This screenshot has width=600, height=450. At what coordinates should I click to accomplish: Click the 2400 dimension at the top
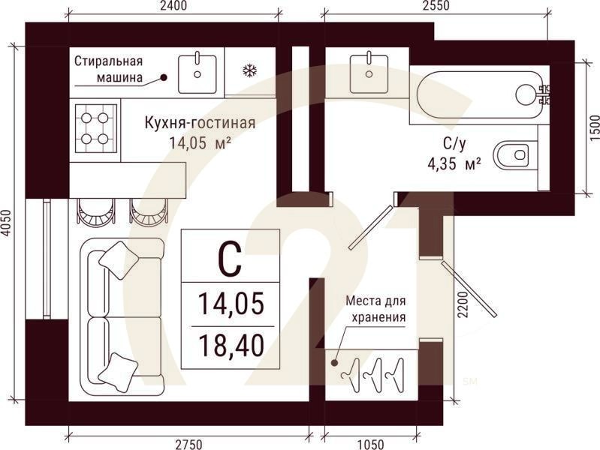(173, 6)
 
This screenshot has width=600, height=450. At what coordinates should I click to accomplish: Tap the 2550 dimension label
(434, 6)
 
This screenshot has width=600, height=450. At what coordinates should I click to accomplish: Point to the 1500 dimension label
(594, 129)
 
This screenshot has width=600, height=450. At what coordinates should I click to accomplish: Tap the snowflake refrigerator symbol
(249, 72)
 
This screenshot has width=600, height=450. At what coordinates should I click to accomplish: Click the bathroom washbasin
(369, 67)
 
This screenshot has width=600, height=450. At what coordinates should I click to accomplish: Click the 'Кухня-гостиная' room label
(200, 124)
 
